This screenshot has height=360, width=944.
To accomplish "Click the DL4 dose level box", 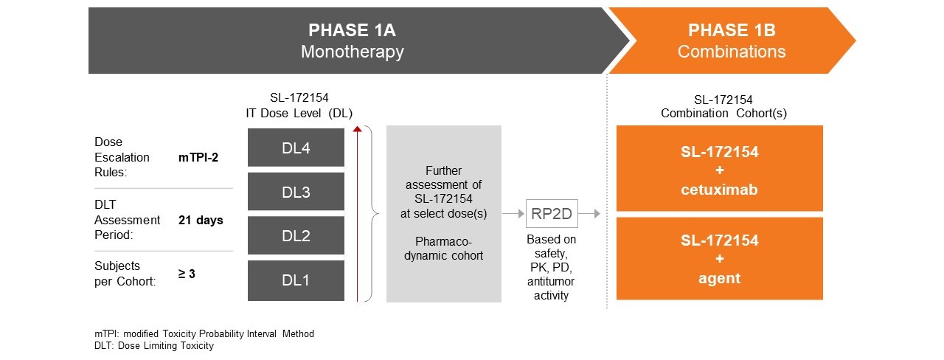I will [x=296, y=148].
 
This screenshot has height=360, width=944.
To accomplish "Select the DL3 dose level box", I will [x=296, y=193].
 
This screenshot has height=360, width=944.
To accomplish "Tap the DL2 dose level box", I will [x=296, y=236].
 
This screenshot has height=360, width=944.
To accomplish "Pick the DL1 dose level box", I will [x=296, y=280].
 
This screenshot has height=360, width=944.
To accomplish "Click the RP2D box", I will [x=552, y=213].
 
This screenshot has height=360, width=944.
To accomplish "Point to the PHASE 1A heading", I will [x=353, y=31].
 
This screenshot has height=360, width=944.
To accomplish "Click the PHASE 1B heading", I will [x=731, y=31].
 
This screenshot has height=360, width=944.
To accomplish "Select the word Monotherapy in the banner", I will [x=353, y=52].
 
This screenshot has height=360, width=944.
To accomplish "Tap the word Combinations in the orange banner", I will [x=731, y=52].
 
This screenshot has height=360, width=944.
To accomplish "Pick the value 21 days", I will [x=201, y=220].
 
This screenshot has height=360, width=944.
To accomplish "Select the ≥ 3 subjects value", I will [x=188, y=274].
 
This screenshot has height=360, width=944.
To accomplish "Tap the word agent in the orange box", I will [x=719, y=279].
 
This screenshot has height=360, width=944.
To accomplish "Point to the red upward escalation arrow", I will [x=358, y=214].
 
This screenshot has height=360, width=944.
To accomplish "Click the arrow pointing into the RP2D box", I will [x=513, y=213].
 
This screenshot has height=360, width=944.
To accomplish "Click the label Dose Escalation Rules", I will [x=122, y=157].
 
